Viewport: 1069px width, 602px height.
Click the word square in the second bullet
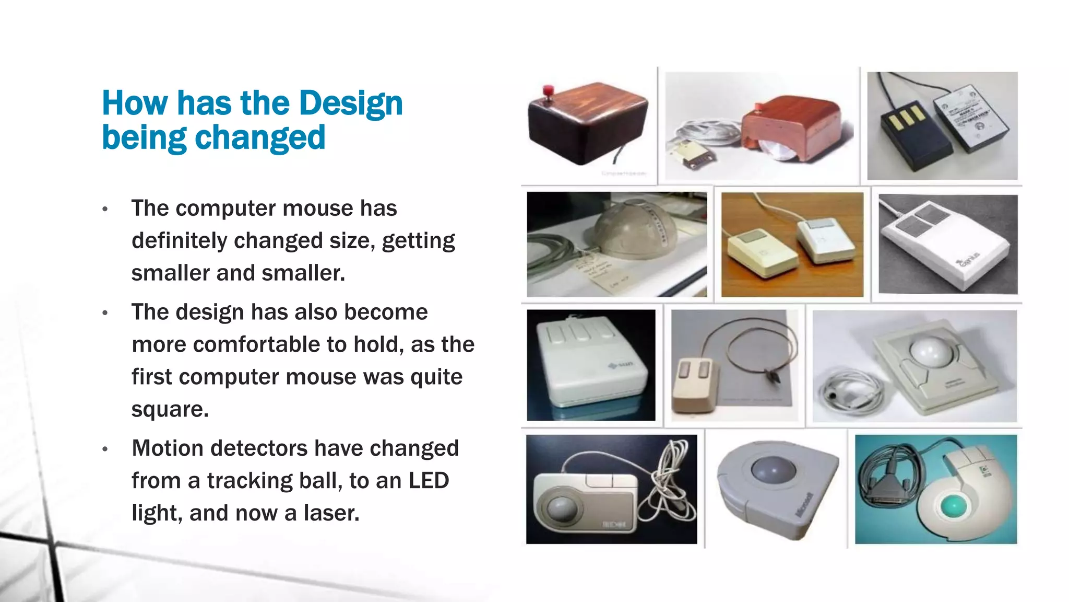point(169,410)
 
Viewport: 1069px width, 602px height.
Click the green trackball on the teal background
point(954,506)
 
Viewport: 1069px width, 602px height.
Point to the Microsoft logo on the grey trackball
point(804,505)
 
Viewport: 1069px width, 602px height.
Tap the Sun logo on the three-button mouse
point(622,364)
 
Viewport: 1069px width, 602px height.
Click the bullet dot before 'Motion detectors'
point(105,449)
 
